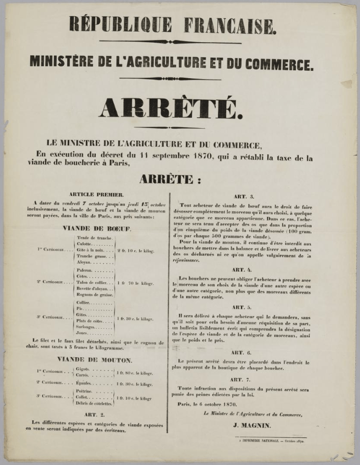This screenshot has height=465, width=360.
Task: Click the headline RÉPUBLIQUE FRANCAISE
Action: (x=172, y=25)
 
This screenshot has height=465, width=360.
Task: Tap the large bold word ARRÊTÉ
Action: (x=170, y=107)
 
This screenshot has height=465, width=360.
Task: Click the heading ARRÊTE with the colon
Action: (x=170, y=180)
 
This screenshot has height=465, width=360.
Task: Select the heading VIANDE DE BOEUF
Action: (x=97, y=228)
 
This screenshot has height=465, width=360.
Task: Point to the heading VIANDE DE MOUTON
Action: (x=95, y=360)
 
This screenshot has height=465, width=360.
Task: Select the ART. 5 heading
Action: (x=240, y=307)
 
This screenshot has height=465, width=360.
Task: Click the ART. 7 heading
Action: (x=240, y=380)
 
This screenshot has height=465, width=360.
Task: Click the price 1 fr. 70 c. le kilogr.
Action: (x=135, y=283)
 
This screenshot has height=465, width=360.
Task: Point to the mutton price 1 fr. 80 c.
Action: (x=135, y=373)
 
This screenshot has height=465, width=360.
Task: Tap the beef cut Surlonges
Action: (x=87, y=327)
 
